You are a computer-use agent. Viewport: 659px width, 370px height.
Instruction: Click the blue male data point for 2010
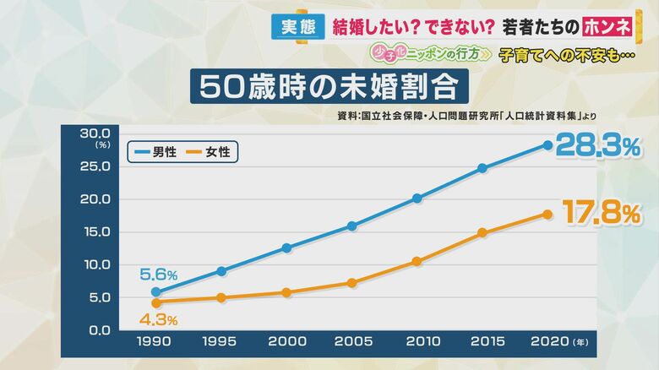click(417, 199)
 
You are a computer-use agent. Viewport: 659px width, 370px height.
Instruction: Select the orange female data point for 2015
click(482, 232)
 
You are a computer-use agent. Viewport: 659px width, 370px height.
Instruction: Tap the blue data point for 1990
click(155, 291)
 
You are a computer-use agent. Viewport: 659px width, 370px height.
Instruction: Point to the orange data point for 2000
click(286, 292)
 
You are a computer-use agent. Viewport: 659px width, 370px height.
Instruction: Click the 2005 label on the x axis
click(351, 343)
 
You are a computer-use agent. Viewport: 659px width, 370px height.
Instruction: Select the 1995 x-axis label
click(221, 343)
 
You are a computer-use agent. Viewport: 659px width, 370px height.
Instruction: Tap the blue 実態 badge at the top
click(295, 27)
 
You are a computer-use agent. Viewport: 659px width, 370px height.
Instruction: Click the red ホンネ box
click(607, 27)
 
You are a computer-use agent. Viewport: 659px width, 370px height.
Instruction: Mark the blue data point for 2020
click(547, 144)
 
